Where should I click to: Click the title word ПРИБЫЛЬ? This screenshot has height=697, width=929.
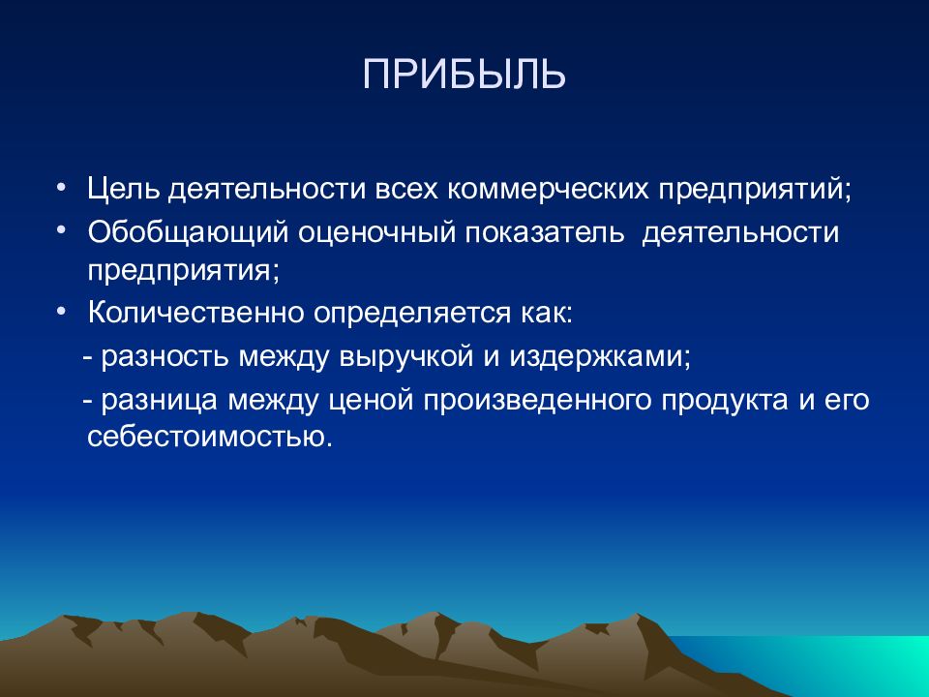click(464, 75)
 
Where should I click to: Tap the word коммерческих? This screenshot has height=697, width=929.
click(548, 189)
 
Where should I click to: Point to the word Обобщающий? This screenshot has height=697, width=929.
click(188, 233)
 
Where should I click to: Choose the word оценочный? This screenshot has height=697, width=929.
click(376, 233)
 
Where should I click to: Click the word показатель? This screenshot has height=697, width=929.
click(545, 231)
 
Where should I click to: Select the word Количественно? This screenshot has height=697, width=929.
click(195, 313)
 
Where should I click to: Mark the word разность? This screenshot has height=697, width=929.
click(165, 357)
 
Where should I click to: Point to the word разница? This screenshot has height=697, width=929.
click(160, 401)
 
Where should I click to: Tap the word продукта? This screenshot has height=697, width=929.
click(725, 401)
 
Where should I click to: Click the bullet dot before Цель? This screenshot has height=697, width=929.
click(61, 187)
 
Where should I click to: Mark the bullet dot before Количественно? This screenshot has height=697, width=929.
click(61, 310)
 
